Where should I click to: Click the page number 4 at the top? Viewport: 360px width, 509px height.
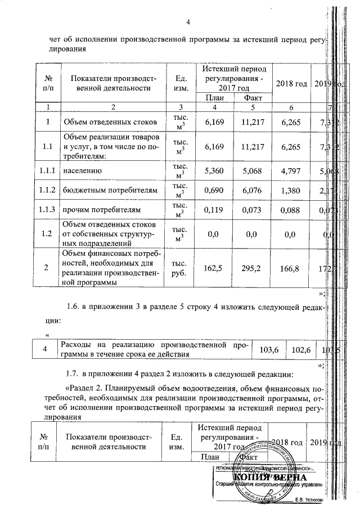[x=189, y=22]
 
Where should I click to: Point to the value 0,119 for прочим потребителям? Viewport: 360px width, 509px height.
[x=217, y=211]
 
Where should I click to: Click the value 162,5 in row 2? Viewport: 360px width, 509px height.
[x=217, y=268]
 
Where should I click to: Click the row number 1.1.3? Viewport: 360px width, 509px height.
[x=47, y=211]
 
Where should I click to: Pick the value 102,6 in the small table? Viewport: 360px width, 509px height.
[x=301, y=350]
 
